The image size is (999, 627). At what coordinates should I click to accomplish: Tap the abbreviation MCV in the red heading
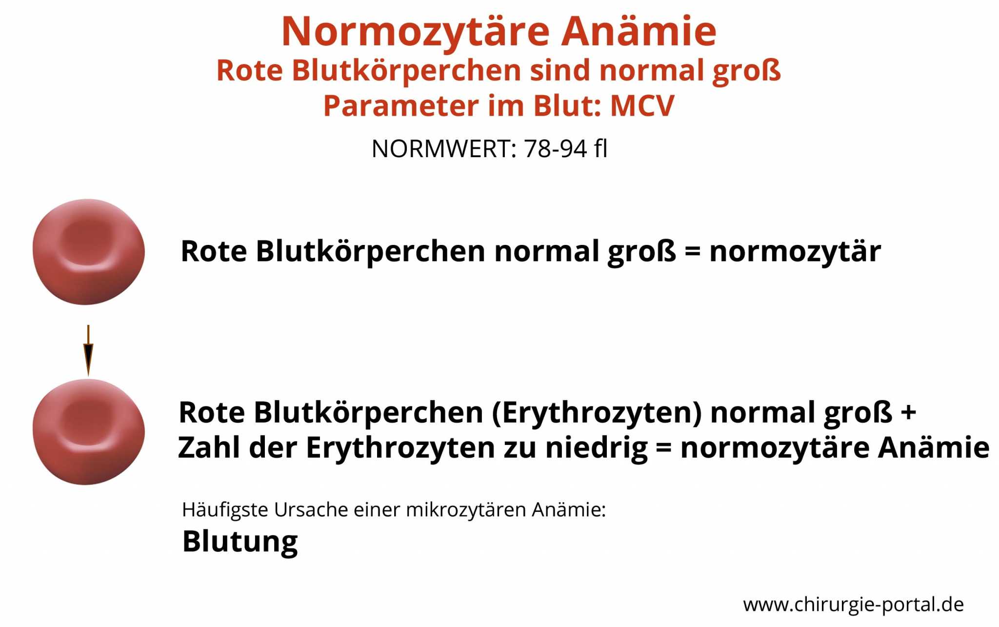click(642, 106)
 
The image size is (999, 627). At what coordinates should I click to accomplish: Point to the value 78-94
click(555, 149)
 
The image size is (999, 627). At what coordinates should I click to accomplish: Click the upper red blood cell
click(89, 252)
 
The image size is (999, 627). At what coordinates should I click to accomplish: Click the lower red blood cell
click(89, 432)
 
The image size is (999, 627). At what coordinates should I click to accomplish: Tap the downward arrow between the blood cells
click(88, 350)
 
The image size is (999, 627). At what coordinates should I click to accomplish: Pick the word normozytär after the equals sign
click(795, 252)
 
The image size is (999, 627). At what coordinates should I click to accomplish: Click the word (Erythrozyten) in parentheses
click(597, 413)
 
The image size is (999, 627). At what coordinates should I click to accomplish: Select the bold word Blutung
click(240, 542)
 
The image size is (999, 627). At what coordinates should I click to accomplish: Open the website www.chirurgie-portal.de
click(854, 605)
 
